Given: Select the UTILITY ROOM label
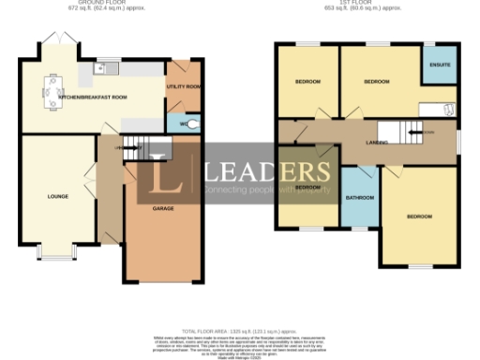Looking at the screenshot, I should click(x=183, y=86).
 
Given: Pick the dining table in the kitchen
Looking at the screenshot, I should click(x=49, y=90).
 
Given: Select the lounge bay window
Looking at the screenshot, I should click(x=58, y=252).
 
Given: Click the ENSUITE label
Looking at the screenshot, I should click(x=439, y=65).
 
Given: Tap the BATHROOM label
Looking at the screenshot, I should click(x=360, y=198).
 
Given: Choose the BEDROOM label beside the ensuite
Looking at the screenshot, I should click(x=376, y=82).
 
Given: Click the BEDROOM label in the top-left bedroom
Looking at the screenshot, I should click(x=307, y=82).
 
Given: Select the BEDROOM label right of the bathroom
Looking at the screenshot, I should click(x=419, y=217).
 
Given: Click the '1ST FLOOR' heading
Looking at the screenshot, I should click(x=362, y=3).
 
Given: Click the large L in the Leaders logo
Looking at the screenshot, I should click(x=158, y=172).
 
